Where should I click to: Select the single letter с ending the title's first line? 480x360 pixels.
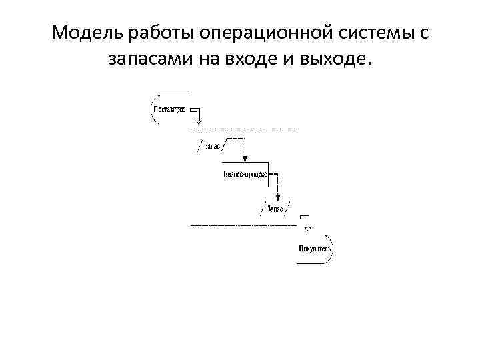pos(424,33)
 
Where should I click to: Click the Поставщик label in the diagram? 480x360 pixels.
pos(170,109)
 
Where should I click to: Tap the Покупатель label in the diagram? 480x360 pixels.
pos(314,249)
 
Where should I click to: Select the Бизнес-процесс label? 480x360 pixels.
pos(245,174)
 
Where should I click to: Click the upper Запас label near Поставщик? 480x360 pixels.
pos(211,145)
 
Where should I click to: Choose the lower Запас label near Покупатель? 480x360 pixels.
pos(275,209)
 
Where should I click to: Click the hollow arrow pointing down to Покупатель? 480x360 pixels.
pos(306,223)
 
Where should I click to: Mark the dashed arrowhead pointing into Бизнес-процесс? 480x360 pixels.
pos(245,158)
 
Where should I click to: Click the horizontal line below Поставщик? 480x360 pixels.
pos(244,127)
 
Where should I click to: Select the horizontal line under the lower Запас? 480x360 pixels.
pos(244,226)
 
